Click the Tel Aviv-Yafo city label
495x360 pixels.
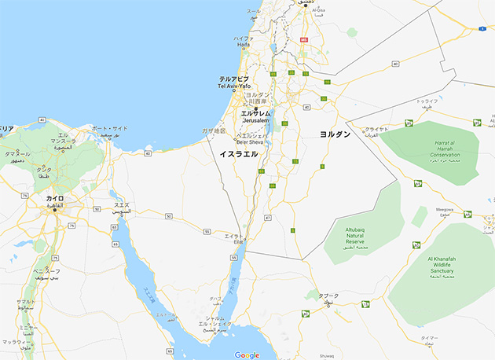[233, 83]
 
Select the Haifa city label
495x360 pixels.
[242, 42]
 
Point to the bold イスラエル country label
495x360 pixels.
[239, 155]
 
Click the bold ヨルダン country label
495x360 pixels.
[335, 135]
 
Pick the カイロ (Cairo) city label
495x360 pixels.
[55, 200]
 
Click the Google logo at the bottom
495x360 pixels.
[247, 354]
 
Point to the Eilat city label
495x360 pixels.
[234, 237]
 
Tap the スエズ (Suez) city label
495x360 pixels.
[123, 208]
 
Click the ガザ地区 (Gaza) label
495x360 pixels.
[213, 130]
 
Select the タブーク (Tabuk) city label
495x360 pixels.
[328, 298]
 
